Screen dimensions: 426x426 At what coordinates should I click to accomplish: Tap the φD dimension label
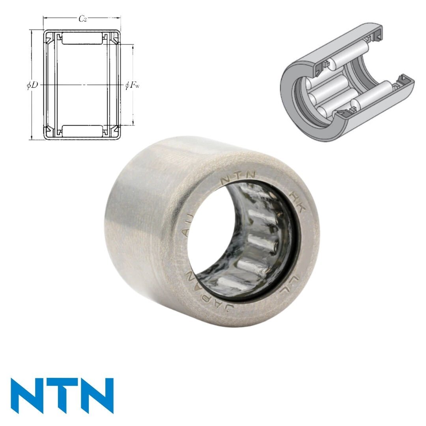(x=32, y=85)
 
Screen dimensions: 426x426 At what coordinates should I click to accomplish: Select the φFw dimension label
(x=132, y=85)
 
